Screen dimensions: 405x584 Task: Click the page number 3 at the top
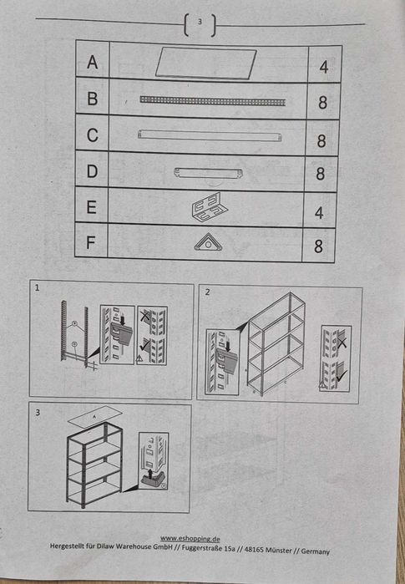click(200, 22)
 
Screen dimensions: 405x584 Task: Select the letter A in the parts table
click(93, 62)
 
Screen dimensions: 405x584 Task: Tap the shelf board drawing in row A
click(206, 63)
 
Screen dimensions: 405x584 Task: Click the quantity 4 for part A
click(323, 68)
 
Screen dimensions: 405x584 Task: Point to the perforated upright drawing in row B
click(213, 100)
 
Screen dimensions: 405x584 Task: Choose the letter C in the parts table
click(93, 135)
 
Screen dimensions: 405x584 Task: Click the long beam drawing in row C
click(210, 135)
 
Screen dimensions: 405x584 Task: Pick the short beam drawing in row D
click(208, 173)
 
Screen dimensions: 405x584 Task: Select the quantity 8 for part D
click(321, 174)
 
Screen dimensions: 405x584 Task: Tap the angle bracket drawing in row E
click(210, 207)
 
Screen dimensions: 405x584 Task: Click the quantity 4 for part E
click(319, 213)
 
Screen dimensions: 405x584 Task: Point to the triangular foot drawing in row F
click(208, 242)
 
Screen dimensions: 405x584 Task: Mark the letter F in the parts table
click(90, 242)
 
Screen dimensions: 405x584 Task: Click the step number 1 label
click(37, 287)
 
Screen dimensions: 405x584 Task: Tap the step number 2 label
click(207, 292)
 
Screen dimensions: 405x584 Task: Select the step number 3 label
click(38, 413)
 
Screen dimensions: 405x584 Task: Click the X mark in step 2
click(341, 341)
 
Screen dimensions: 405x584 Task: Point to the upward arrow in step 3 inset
click(149, 475)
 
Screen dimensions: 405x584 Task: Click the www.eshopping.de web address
click(190, 539)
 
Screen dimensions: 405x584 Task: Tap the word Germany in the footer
click(316, 551)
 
